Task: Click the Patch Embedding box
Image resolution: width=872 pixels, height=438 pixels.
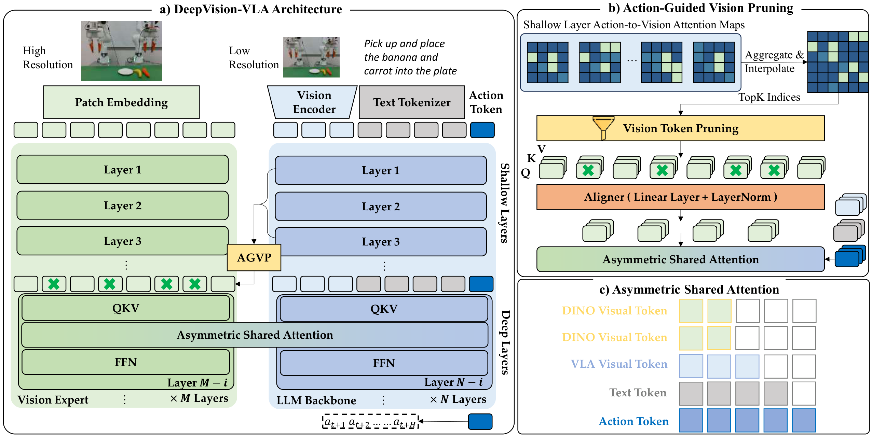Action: pos(121,102)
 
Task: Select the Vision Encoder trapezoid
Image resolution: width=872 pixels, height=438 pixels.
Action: pos(313,102)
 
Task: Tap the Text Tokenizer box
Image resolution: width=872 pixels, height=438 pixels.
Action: pos(412,102)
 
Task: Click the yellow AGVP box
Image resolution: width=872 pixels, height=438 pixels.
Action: pos(254,257)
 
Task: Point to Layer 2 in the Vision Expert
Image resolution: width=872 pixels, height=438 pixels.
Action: pos(122,206)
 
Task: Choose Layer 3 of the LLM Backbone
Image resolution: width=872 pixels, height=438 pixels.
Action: pos(381,242)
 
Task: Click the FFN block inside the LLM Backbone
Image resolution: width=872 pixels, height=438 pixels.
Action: pos(383,363)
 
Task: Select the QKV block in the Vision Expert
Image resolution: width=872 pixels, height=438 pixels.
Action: pos(125,308)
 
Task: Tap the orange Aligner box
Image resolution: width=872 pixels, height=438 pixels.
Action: pos(680,197)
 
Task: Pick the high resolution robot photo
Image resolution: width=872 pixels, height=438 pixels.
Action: pos(121,51)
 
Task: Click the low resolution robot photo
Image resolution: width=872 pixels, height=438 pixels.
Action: pos(311,57)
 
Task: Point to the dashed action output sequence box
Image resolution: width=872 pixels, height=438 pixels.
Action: pos(370,422)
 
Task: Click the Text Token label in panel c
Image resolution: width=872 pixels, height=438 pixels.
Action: pos(638,393)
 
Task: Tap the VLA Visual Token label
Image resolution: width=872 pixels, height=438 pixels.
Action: pos(618,364)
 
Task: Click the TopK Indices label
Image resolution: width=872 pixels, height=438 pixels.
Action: pos(769,97)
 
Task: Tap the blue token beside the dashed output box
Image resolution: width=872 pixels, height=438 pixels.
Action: pos(480,422)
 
